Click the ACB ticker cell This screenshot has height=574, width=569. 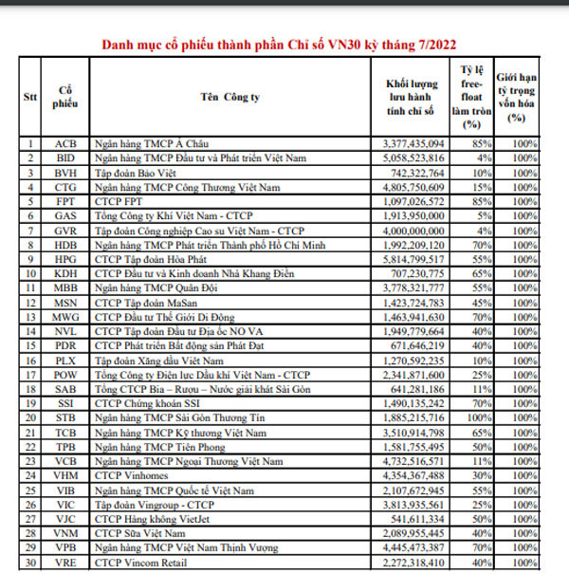click(66, 144)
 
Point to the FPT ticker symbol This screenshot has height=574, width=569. click(66, 201)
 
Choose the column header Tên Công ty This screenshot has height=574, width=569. click(230, 97)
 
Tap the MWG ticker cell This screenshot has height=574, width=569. click(66, 315)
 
